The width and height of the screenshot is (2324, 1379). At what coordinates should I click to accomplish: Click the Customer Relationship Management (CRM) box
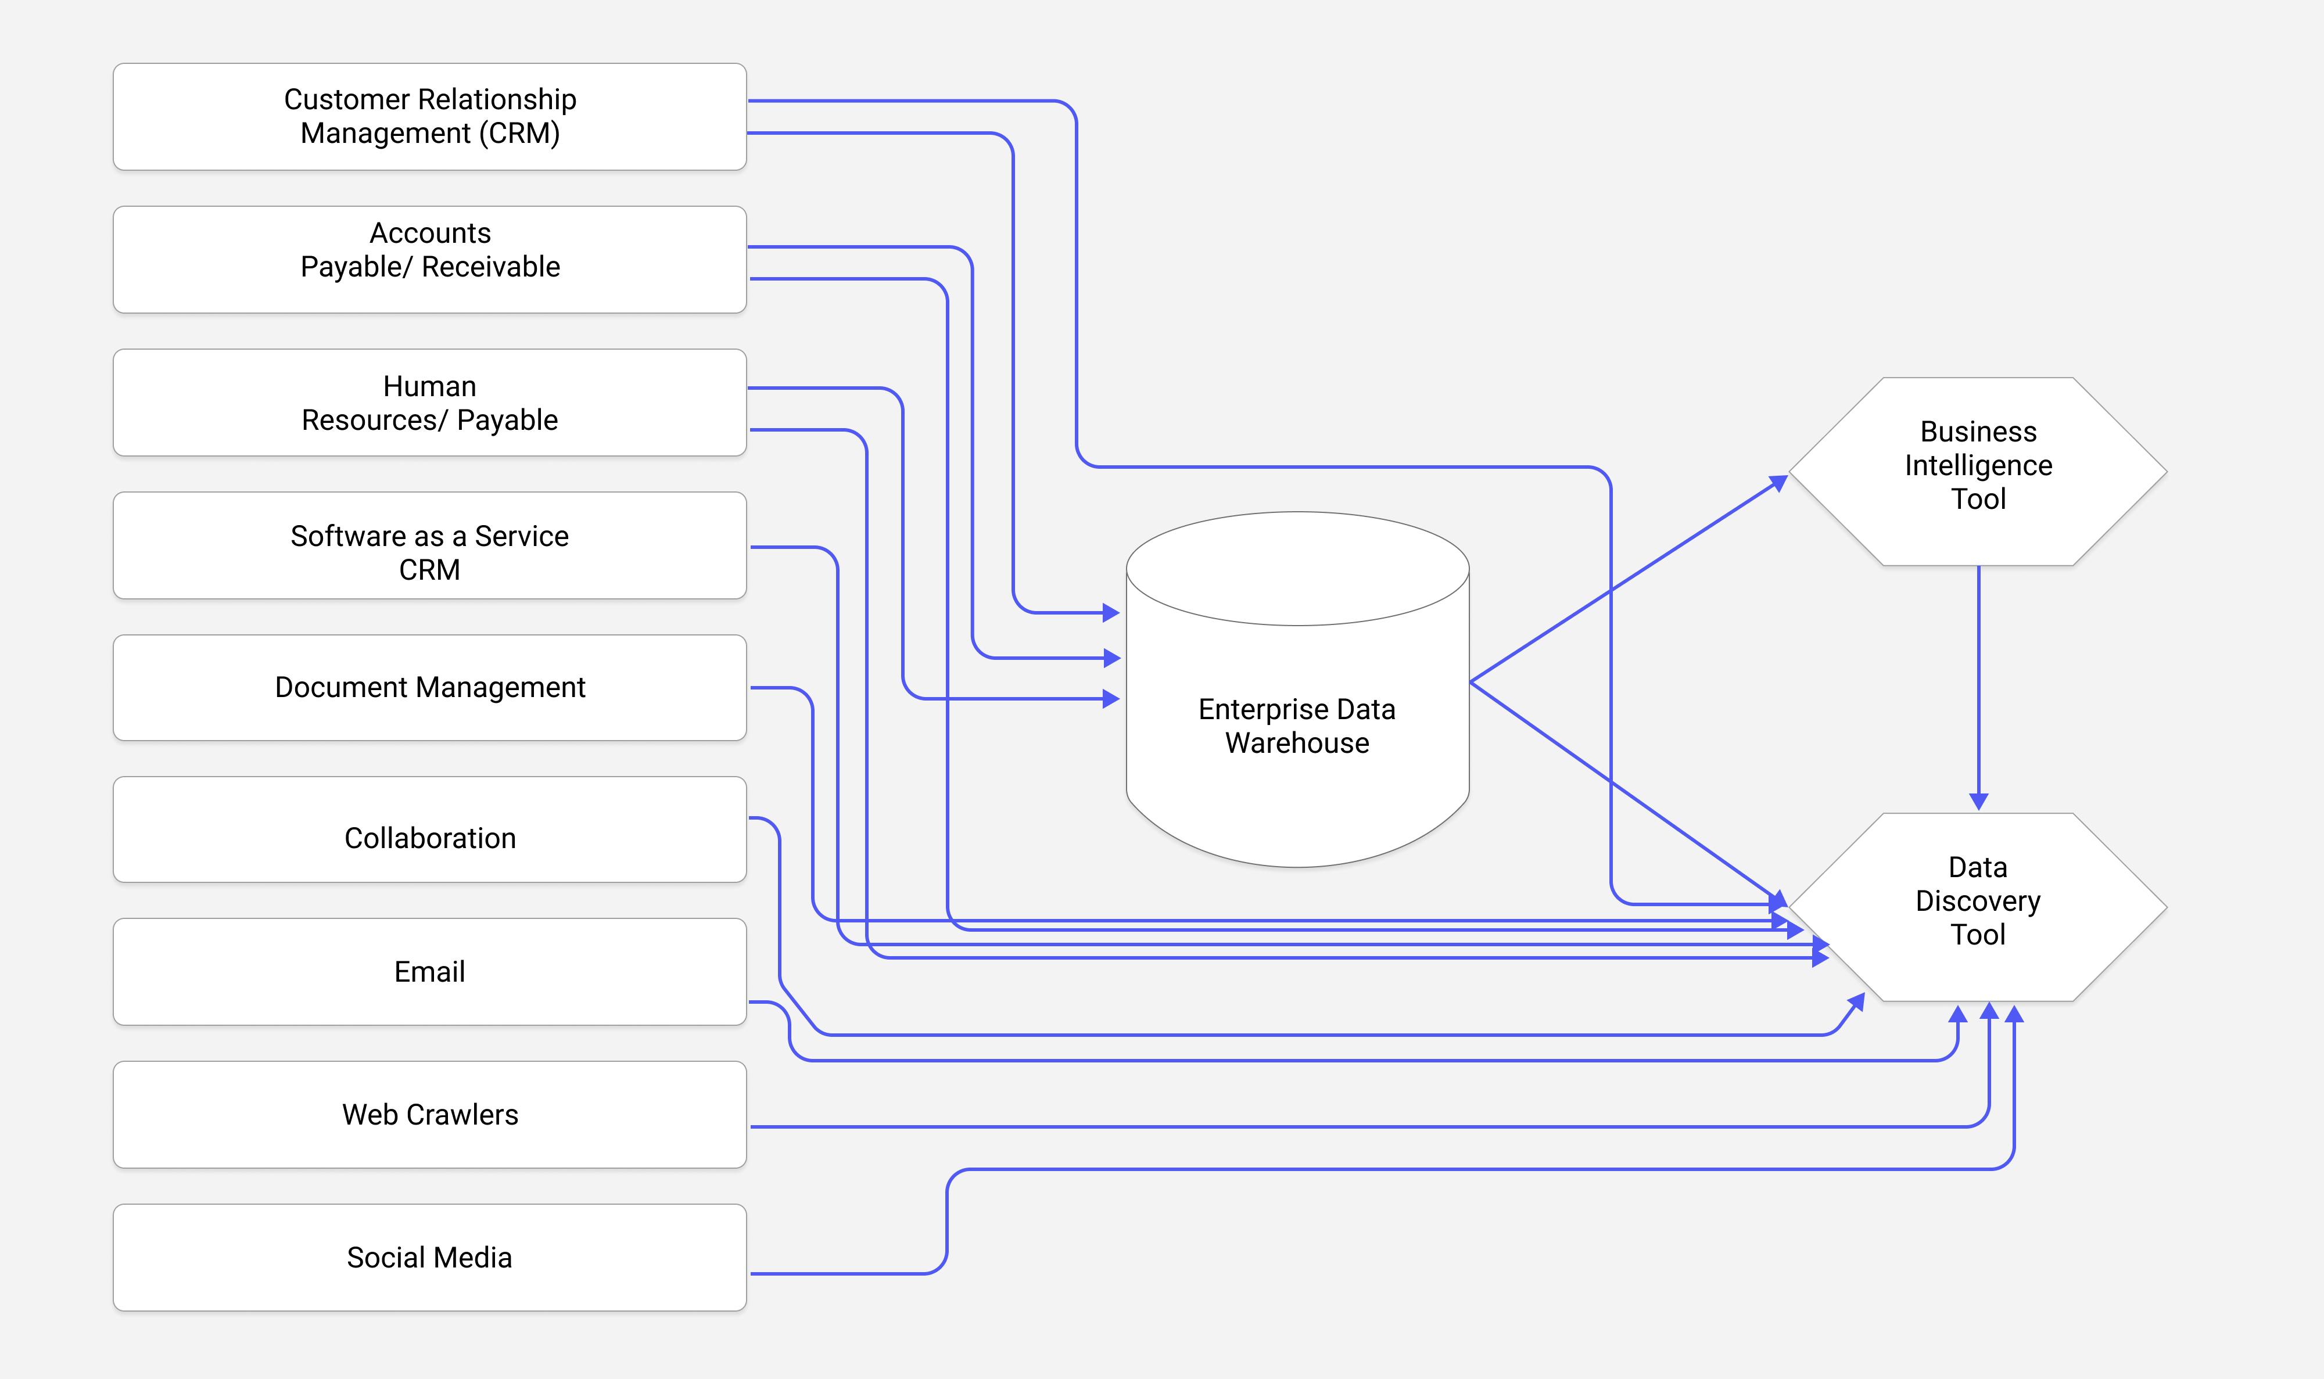(x=429, y=116)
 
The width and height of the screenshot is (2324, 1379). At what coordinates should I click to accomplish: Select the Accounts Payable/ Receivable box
(x=429, y=259)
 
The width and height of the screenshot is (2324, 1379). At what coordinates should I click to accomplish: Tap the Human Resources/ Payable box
(x=429, y=403)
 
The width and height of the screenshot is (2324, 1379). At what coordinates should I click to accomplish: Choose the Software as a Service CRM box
(x=429, y=545)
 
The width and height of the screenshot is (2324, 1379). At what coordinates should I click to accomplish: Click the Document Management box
(x=429, y=688)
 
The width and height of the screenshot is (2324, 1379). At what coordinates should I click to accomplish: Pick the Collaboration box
(x=429, y=830)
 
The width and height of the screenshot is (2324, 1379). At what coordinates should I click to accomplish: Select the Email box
(x=429, y=972)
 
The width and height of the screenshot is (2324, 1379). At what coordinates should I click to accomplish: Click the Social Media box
(x=429, y=1257)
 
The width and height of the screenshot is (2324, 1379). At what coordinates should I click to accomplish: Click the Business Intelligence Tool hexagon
(x=1977, y=471)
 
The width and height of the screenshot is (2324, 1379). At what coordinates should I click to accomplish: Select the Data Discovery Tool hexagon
(x=1977, y=906)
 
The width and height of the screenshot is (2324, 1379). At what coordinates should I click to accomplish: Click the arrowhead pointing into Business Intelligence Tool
(x=1778, y=482)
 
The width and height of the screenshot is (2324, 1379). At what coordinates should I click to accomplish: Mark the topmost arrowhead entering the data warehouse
(x=1111, y=612)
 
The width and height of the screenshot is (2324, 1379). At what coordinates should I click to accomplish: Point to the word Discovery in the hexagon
(x=1977, y=902)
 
